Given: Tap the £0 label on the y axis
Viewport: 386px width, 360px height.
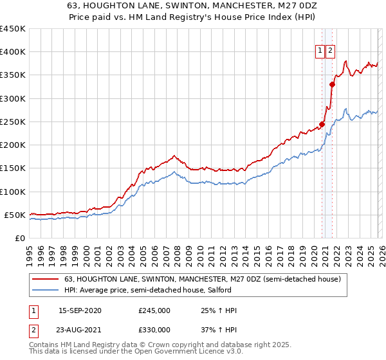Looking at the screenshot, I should click(x=19, y=238).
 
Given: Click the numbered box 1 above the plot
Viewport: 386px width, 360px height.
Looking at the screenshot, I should click(x=320, y=52).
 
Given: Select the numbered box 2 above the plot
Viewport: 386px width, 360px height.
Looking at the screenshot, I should click(x=331, y=52).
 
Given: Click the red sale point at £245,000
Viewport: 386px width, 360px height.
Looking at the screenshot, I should click(x=322, y=124).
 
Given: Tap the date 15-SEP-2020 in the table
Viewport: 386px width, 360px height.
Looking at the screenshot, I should click(x=80, y=311).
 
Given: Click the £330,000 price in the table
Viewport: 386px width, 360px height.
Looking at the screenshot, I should click(x=154, y=330).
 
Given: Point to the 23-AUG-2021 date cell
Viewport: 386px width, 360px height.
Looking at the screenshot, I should click(x=80, y=330).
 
